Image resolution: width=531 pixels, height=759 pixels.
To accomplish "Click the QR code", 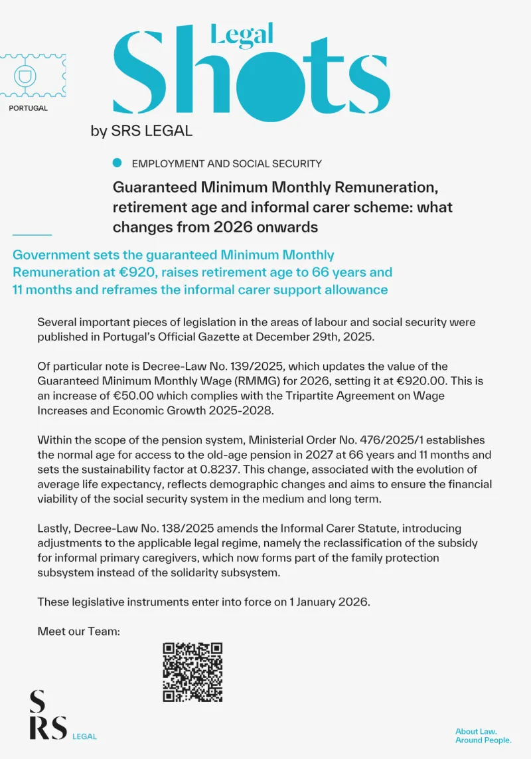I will (192, 672).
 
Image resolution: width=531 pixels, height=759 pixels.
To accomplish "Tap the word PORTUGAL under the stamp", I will (29, 108).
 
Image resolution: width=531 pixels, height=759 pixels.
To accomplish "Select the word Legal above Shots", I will (242, 35).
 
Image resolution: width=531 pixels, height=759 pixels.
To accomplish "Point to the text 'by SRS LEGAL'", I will (141, 131).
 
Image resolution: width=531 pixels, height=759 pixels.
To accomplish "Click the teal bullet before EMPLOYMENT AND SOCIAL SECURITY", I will (117, 163).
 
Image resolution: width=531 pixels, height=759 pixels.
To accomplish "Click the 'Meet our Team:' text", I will (78, 631).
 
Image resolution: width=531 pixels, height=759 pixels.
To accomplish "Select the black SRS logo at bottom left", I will (48, 715).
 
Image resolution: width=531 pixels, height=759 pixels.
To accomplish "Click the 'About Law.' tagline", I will (476, 731).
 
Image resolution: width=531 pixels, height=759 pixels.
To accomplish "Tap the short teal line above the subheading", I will (32, 234).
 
